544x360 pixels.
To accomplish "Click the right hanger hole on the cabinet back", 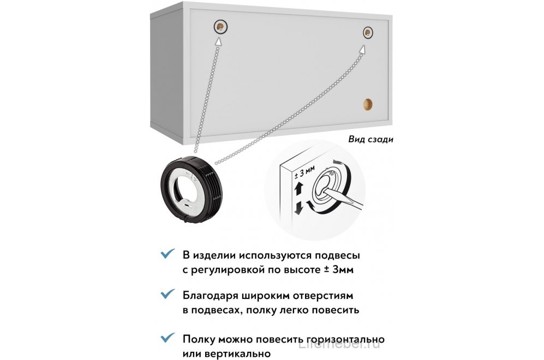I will (368, 33).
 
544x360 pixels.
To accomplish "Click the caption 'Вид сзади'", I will (370, 139).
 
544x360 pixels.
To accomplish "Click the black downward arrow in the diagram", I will (298, 208).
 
